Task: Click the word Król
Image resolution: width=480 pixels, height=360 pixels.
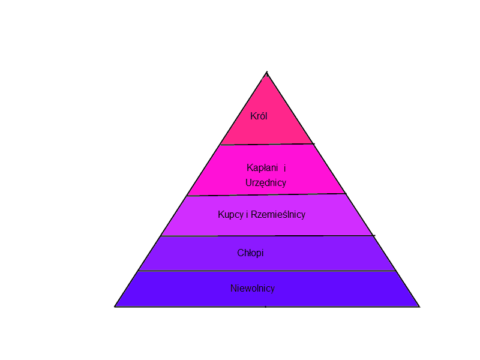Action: (x=259, y=116)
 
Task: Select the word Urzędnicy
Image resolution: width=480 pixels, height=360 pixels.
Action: (x=266, y=182)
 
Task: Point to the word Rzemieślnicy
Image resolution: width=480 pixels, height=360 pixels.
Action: (x=278, y=214)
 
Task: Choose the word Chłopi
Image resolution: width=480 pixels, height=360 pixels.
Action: (x=250, y=253)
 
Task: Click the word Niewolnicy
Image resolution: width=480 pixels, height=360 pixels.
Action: (x=253, y=289)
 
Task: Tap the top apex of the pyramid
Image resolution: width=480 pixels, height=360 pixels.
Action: (x=267, y=73)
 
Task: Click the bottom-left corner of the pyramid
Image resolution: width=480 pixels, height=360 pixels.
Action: (x=115, y=306)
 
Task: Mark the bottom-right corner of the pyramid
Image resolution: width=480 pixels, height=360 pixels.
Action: (x=419, y=306)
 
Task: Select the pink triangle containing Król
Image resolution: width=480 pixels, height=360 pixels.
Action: (x=267, y=129)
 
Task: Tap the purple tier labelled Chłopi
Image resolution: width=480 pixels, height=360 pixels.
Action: (x=324, y=253)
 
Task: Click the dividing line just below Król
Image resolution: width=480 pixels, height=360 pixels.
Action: (x=267, y=145)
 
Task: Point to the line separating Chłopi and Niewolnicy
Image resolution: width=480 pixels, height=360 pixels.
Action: (x=267, y=271)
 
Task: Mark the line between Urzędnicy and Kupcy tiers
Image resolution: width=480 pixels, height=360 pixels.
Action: (x=267, y=195)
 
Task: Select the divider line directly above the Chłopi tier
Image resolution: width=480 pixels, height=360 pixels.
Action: (x=267, y=236)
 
